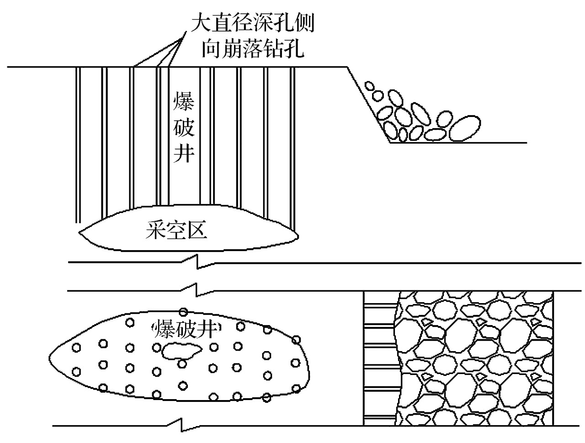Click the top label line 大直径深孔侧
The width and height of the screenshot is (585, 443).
tap(252, 23)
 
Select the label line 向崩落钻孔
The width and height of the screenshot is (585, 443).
tap(252, 48)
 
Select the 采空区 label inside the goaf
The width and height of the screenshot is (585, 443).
tap(176, 231)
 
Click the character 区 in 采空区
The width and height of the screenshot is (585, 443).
tap(197, 231)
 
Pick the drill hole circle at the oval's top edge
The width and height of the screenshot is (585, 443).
tap(183, 312)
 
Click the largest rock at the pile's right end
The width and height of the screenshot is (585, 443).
tap(466, 128)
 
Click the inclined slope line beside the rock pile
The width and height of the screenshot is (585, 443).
tap(368, 105)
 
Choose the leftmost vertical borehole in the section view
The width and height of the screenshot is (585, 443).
tap(78, 146)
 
